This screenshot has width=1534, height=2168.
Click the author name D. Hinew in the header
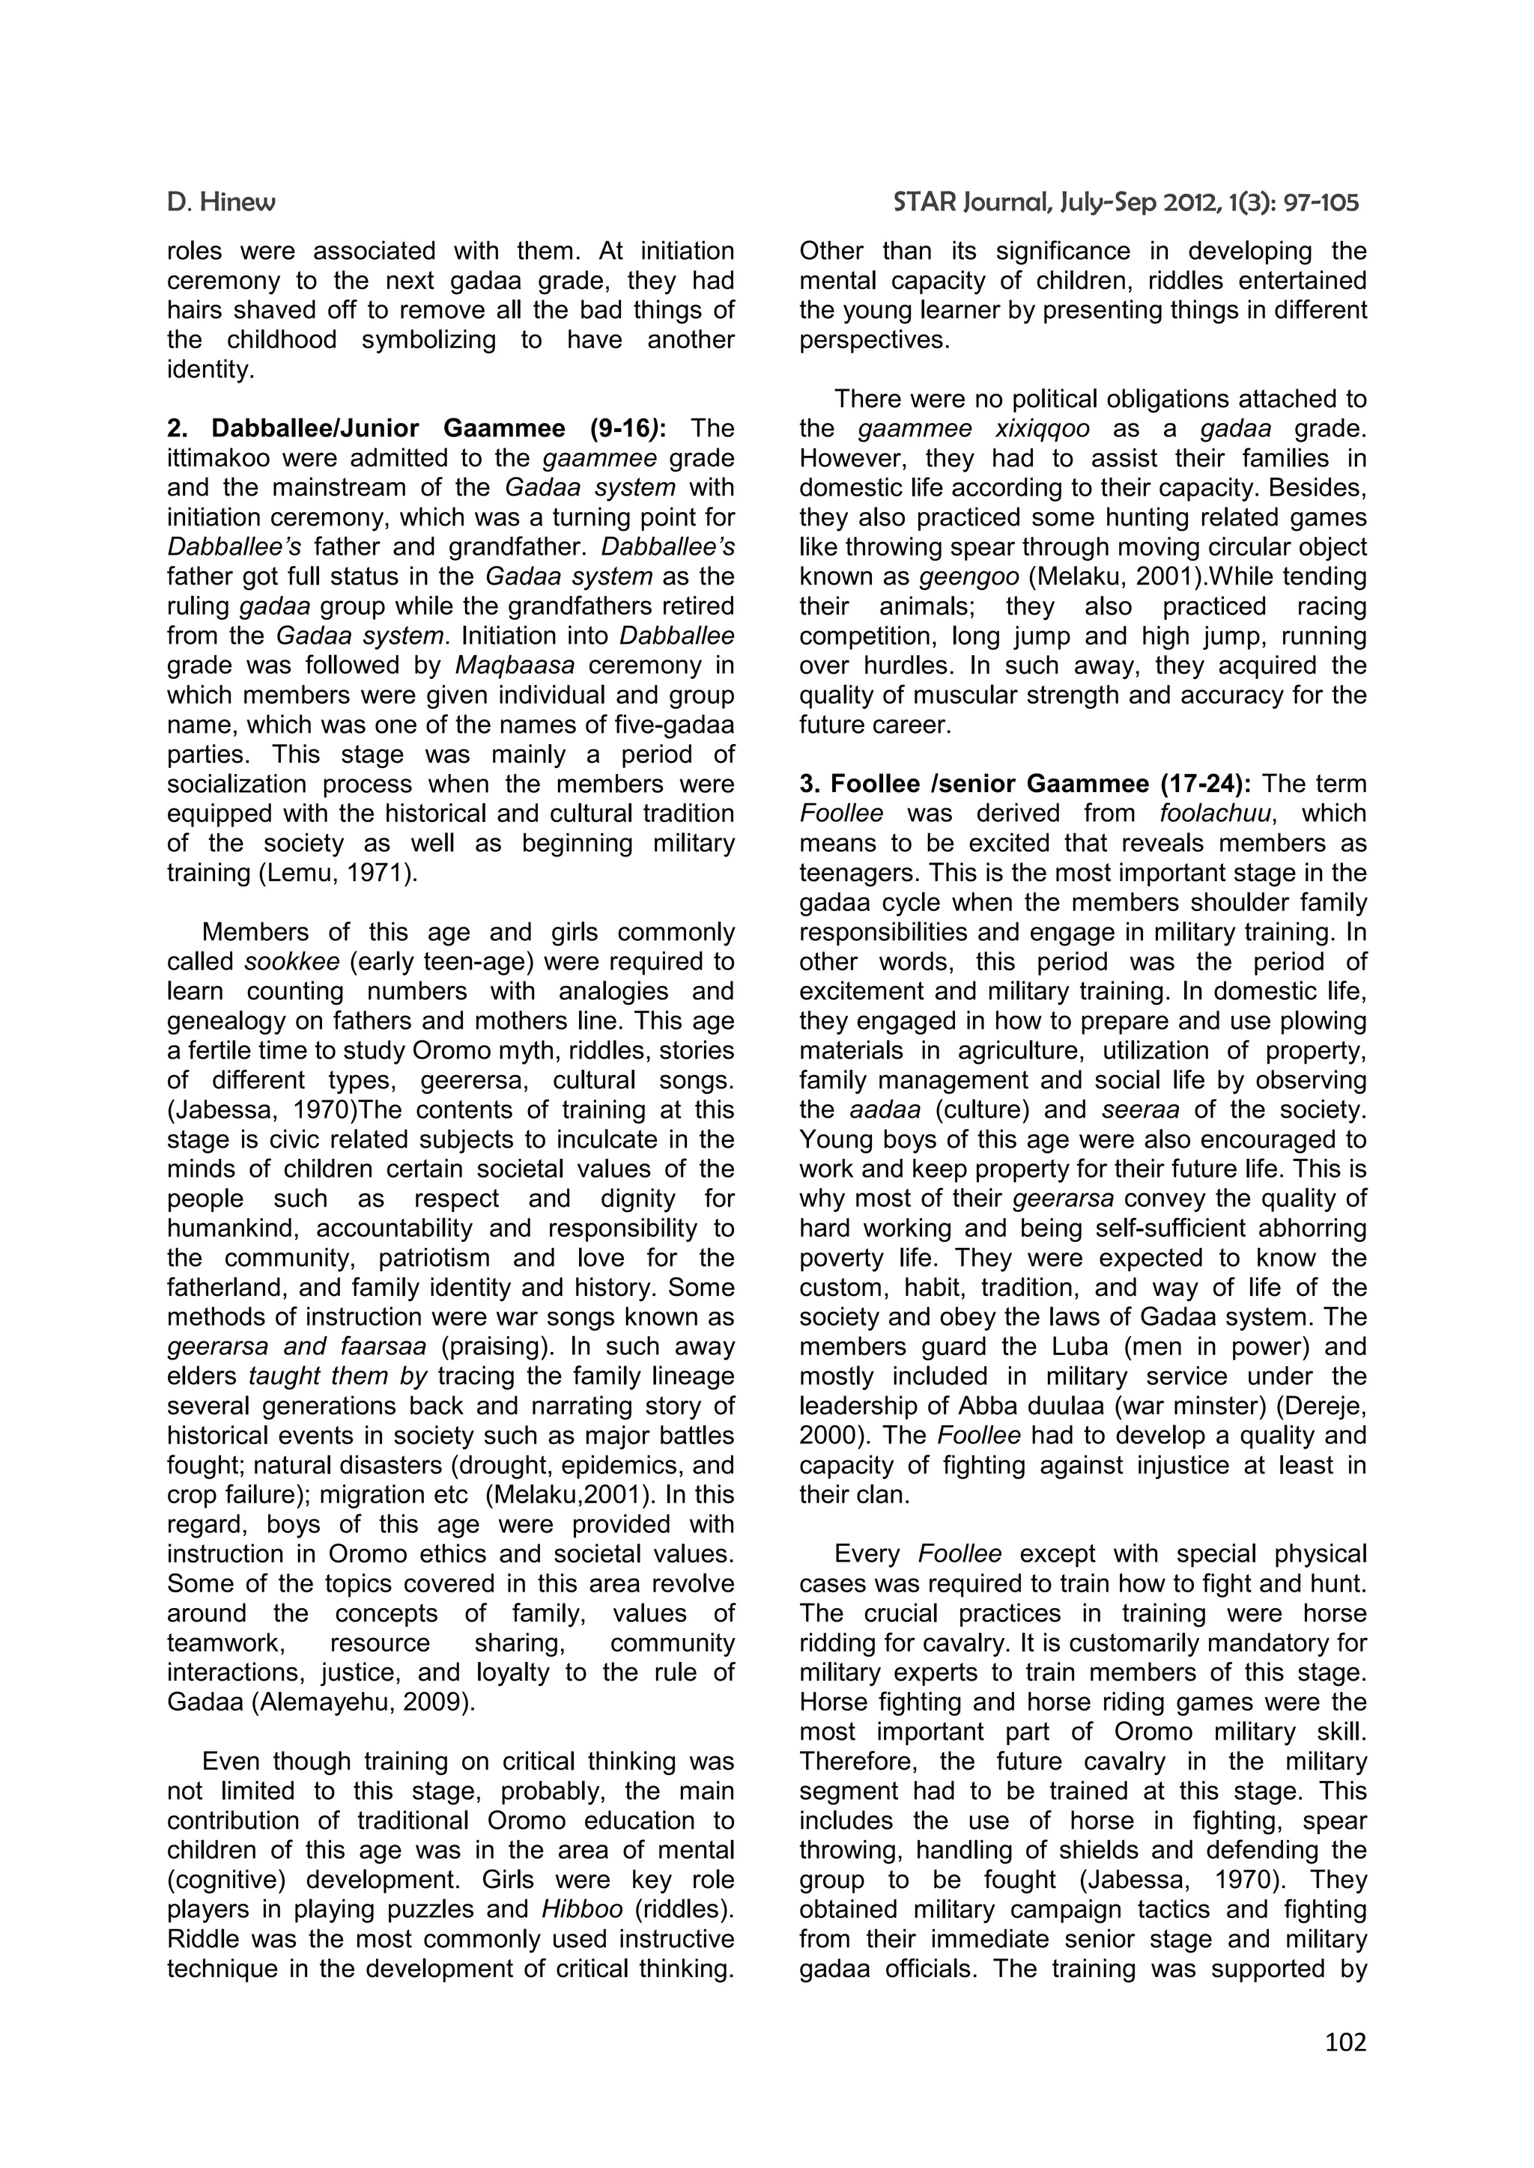pyautogui.click(x=221, y=202)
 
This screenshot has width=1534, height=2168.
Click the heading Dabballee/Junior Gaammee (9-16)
pyautogui.click(x=416, y=429)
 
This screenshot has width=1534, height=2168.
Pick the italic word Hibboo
pyautogui.click(x=582, y=1909)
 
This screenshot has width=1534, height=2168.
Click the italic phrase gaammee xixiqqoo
pyautogui.click(x=973, y=429)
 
